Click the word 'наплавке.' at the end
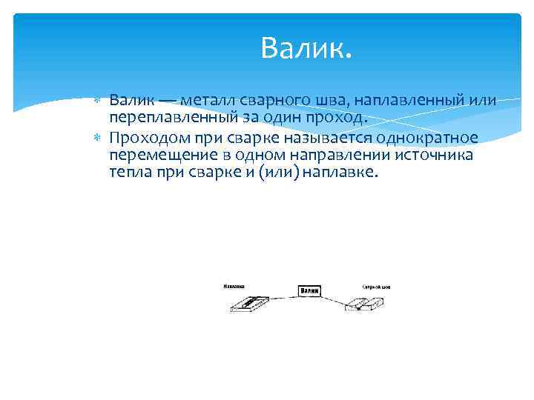coord(341,173)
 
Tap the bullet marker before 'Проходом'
coord(99,138)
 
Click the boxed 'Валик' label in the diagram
coord(310,291)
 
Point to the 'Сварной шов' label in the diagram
coord(376,286)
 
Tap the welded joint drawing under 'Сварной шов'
coord(366,303)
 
